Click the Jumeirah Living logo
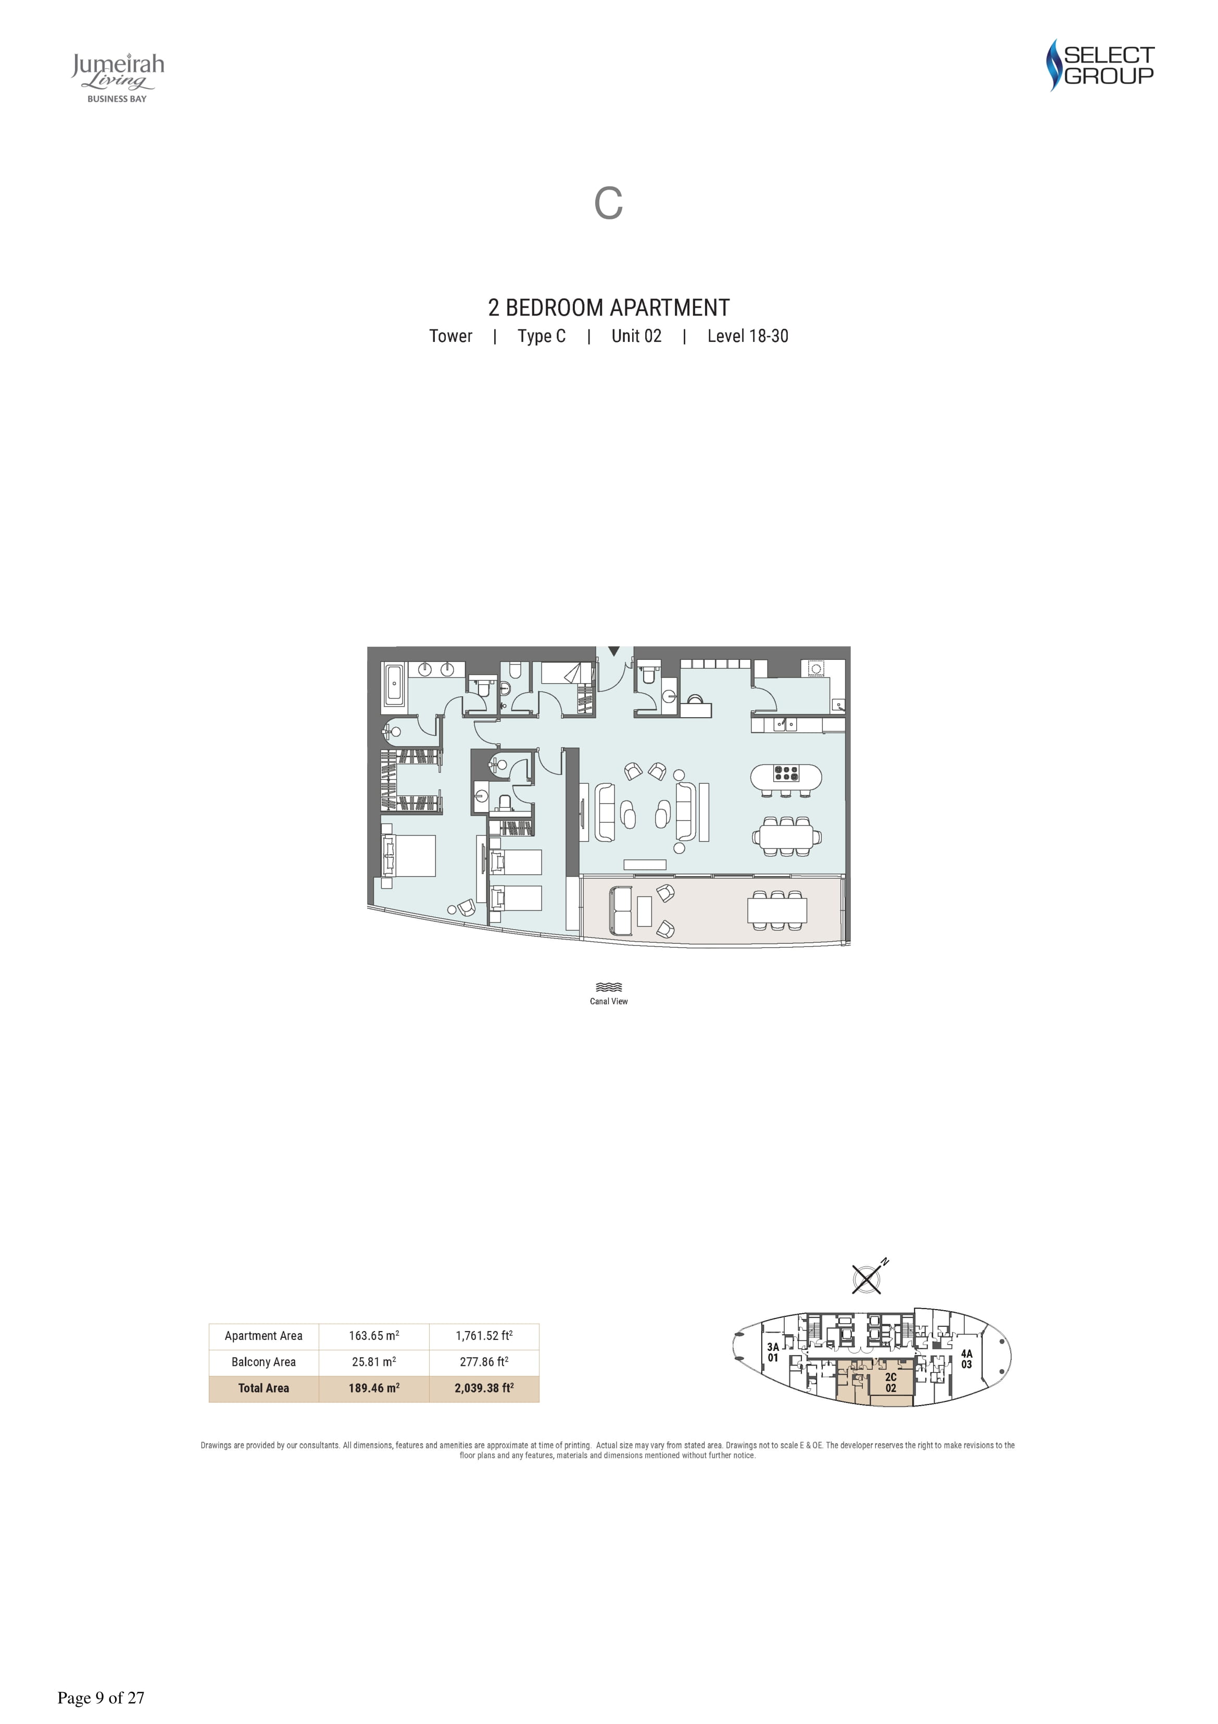click(118, 77)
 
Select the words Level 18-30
click(747, 336)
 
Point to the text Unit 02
click(636, 336)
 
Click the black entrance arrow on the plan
click(614, 651)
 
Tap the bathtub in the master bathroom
click(394, 684)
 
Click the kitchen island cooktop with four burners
click(786, 773)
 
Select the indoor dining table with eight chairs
click(786, 836)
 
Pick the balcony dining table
click(777, 910)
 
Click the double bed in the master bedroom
click(408, 855)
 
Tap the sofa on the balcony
click(622, 911)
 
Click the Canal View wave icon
click(609, 988)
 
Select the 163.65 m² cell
click(374, 1336)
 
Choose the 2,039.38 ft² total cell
click(484, 1388)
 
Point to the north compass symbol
click(868, 1277)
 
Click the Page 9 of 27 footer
click(101, 1698)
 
